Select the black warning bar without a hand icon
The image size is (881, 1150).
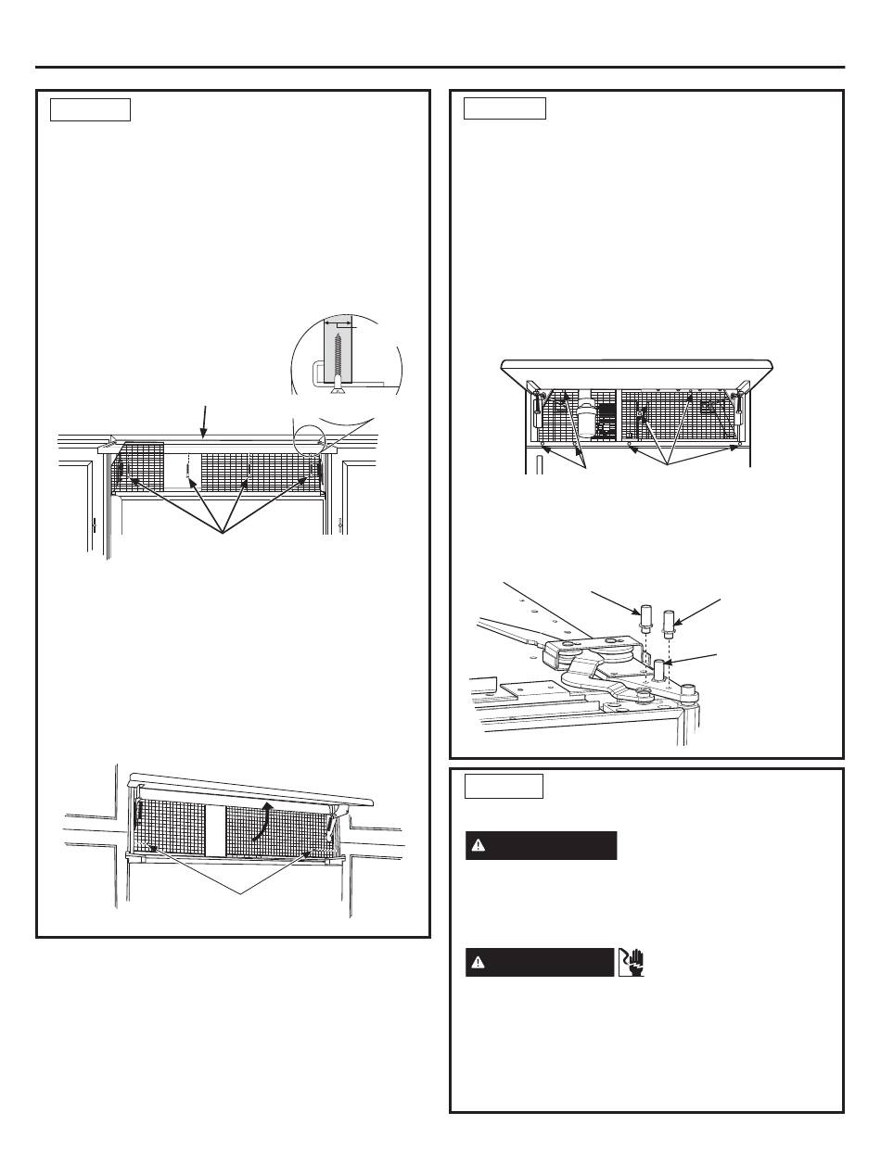click(x=541, y=845)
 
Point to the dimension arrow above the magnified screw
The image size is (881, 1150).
click(x=337, y=325)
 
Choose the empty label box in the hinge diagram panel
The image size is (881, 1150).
click(x=504, y=108)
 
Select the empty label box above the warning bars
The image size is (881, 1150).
click(x=504, y=786)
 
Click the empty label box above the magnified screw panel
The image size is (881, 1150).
click(x=90, y=109)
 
